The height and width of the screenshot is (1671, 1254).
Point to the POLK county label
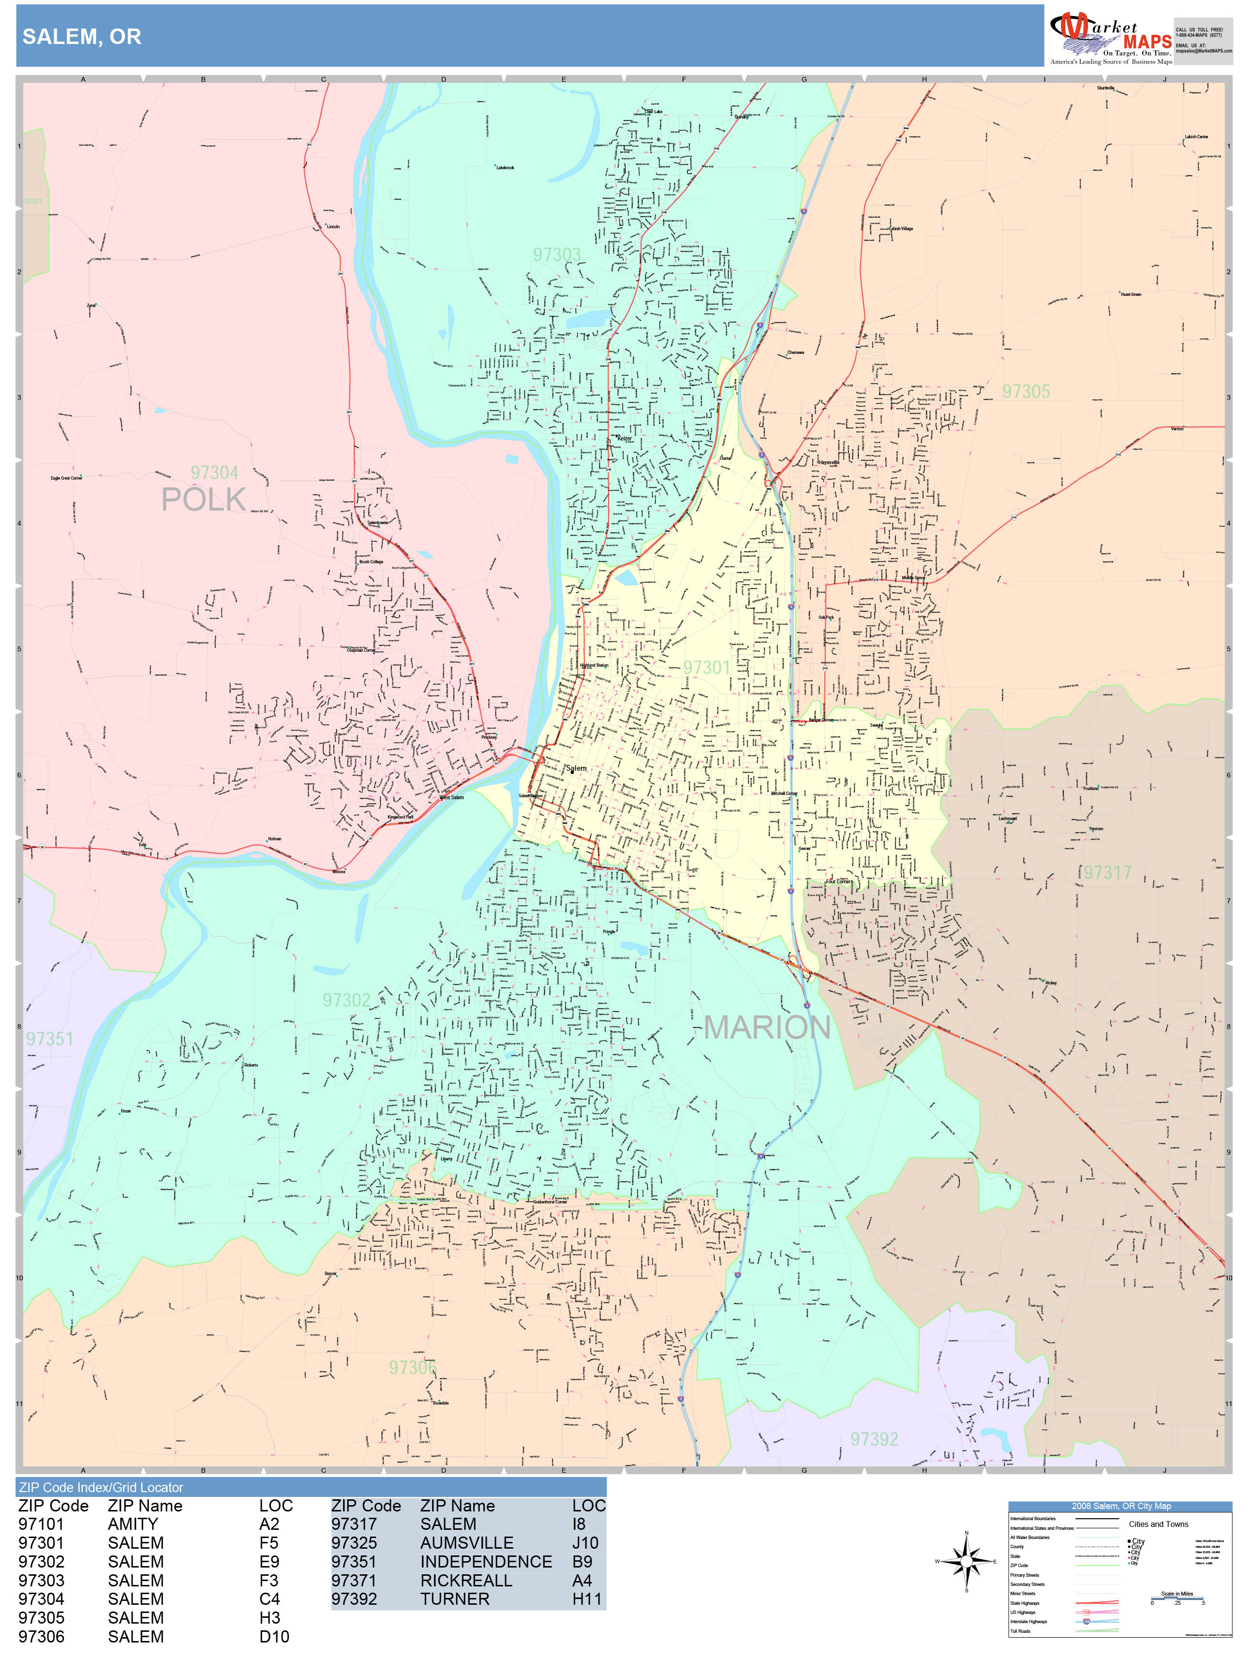point(203,499)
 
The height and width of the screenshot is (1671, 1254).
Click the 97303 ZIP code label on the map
point(556,255)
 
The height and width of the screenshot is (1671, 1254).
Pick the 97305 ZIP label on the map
point(1026,391)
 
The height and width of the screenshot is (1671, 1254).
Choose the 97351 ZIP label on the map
point(50,1039)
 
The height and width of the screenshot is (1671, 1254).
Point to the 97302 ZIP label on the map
point(346,1000)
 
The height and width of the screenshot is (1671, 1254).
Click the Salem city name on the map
point(576,768)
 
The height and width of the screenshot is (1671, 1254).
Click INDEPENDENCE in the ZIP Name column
point(486,1561)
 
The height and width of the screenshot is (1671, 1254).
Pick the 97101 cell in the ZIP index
point(42,1524)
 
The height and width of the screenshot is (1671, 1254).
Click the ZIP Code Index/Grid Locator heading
point(101,1487)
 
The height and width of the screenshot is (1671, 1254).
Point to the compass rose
point(966,1561)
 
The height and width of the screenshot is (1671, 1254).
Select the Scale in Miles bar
point(1177,1599)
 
